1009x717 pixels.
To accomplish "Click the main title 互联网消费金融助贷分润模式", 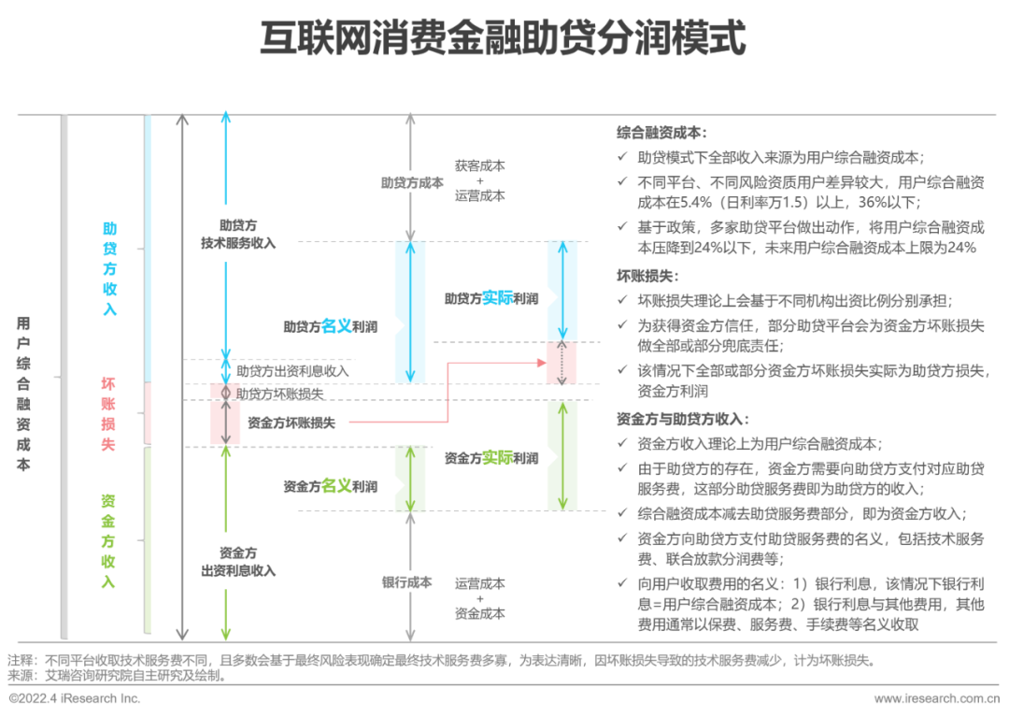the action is [503, 38].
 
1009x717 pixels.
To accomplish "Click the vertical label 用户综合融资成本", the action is [23, 394].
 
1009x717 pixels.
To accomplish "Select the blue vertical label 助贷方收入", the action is [110, 269].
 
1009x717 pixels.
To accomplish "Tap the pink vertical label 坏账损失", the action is [108, 414].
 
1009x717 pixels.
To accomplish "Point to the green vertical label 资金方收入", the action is [108, 541].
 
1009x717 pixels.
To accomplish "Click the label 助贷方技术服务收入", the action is [238, 235].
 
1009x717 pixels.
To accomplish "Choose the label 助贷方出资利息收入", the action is [292, 371].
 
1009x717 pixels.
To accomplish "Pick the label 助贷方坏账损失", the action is [280, 394].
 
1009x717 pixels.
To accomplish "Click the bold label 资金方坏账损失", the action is [291, 423].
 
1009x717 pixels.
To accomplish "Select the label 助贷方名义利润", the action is [330, 326].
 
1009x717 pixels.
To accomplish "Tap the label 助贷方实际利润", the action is [491, 298].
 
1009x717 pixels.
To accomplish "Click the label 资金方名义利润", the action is [330, 486].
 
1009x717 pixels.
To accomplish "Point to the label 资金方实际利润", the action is [491, 458].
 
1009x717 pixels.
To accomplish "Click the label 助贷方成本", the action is [412, 183].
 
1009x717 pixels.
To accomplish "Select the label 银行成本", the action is [406, 582].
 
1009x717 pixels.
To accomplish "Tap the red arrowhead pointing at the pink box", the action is [542, 363].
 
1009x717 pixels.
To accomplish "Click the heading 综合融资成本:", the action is [661, 133].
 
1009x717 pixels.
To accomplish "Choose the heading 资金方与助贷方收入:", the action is [683, 419].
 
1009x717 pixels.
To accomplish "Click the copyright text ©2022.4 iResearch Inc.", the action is [75, 698].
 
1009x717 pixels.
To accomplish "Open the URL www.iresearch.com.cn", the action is [937, 698].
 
